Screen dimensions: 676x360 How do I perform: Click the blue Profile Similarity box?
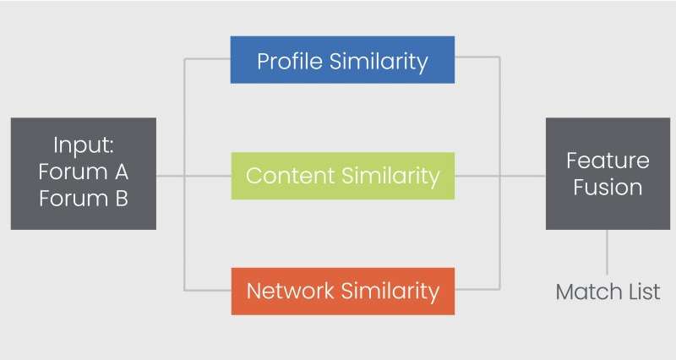pyautogui.click(x=342, y=59)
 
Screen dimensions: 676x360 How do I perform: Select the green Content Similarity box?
pyautogui.click(x=343, y=176)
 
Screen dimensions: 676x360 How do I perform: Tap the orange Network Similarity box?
pyautogui.click(x=343, y=291)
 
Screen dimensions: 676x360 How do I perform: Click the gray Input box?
pyautogui.click(x=84, y=173)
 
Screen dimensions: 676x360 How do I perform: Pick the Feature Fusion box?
pyautogui.click(x=608, y=173)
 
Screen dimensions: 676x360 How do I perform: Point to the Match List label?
pyautogui.click(x=608, y=292)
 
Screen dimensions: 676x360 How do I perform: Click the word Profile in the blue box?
pyautogui.click(x=290, y=61)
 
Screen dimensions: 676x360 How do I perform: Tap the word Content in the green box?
pyautogui.click(x=290, y=176)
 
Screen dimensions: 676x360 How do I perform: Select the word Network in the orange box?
pyautogui.click(x=290, y=291)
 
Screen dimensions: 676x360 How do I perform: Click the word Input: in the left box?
pyautogui.click(x=84, y=145)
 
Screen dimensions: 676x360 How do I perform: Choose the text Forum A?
pyautogui.click(x=84, y=172)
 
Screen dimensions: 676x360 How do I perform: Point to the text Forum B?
pyautogui.click(x=84, y=199)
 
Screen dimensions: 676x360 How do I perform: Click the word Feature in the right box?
pyautogui.click(x=608, y=161)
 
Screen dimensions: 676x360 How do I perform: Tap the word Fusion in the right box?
pyautogui.click(x=608, y=188)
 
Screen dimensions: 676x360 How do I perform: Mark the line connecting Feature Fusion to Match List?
pyautogui.click(x=607, y=252)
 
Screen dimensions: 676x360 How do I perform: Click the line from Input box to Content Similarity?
pyautogui.click(x=194, y=176)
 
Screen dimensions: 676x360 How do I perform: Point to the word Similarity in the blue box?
pyautogui.click(x=379, y=61)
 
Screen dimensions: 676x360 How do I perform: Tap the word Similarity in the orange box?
pyautogui.click(x=390, y=291)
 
